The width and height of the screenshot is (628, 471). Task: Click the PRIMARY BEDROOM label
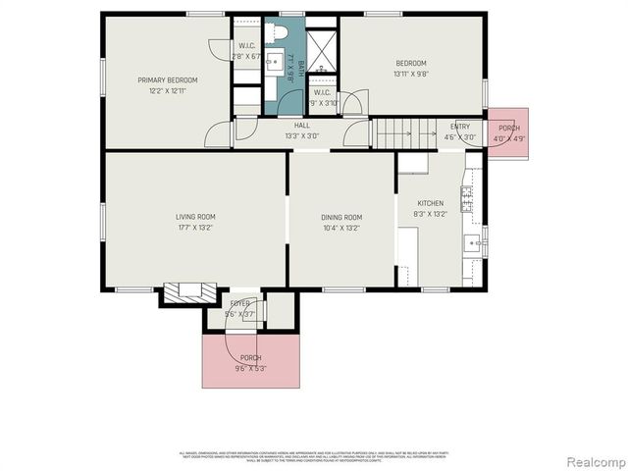167,79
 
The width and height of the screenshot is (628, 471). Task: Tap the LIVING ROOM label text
195,217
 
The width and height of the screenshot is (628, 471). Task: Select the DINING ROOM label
341,217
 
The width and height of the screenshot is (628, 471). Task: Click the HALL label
302,126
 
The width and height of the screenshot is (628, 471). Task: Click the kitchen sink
472,242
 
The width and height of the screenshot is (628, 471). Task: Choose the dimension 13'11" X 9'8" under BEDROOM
410,73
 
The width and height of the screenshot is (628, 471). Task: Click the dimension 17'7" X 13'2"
195,227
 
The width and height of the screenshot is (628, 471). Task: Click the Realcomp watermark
594,461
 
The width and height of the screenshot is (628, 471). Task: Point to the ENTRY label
459,127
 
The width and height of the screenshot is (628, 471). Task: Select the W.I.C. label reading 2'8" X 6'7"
247,51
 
